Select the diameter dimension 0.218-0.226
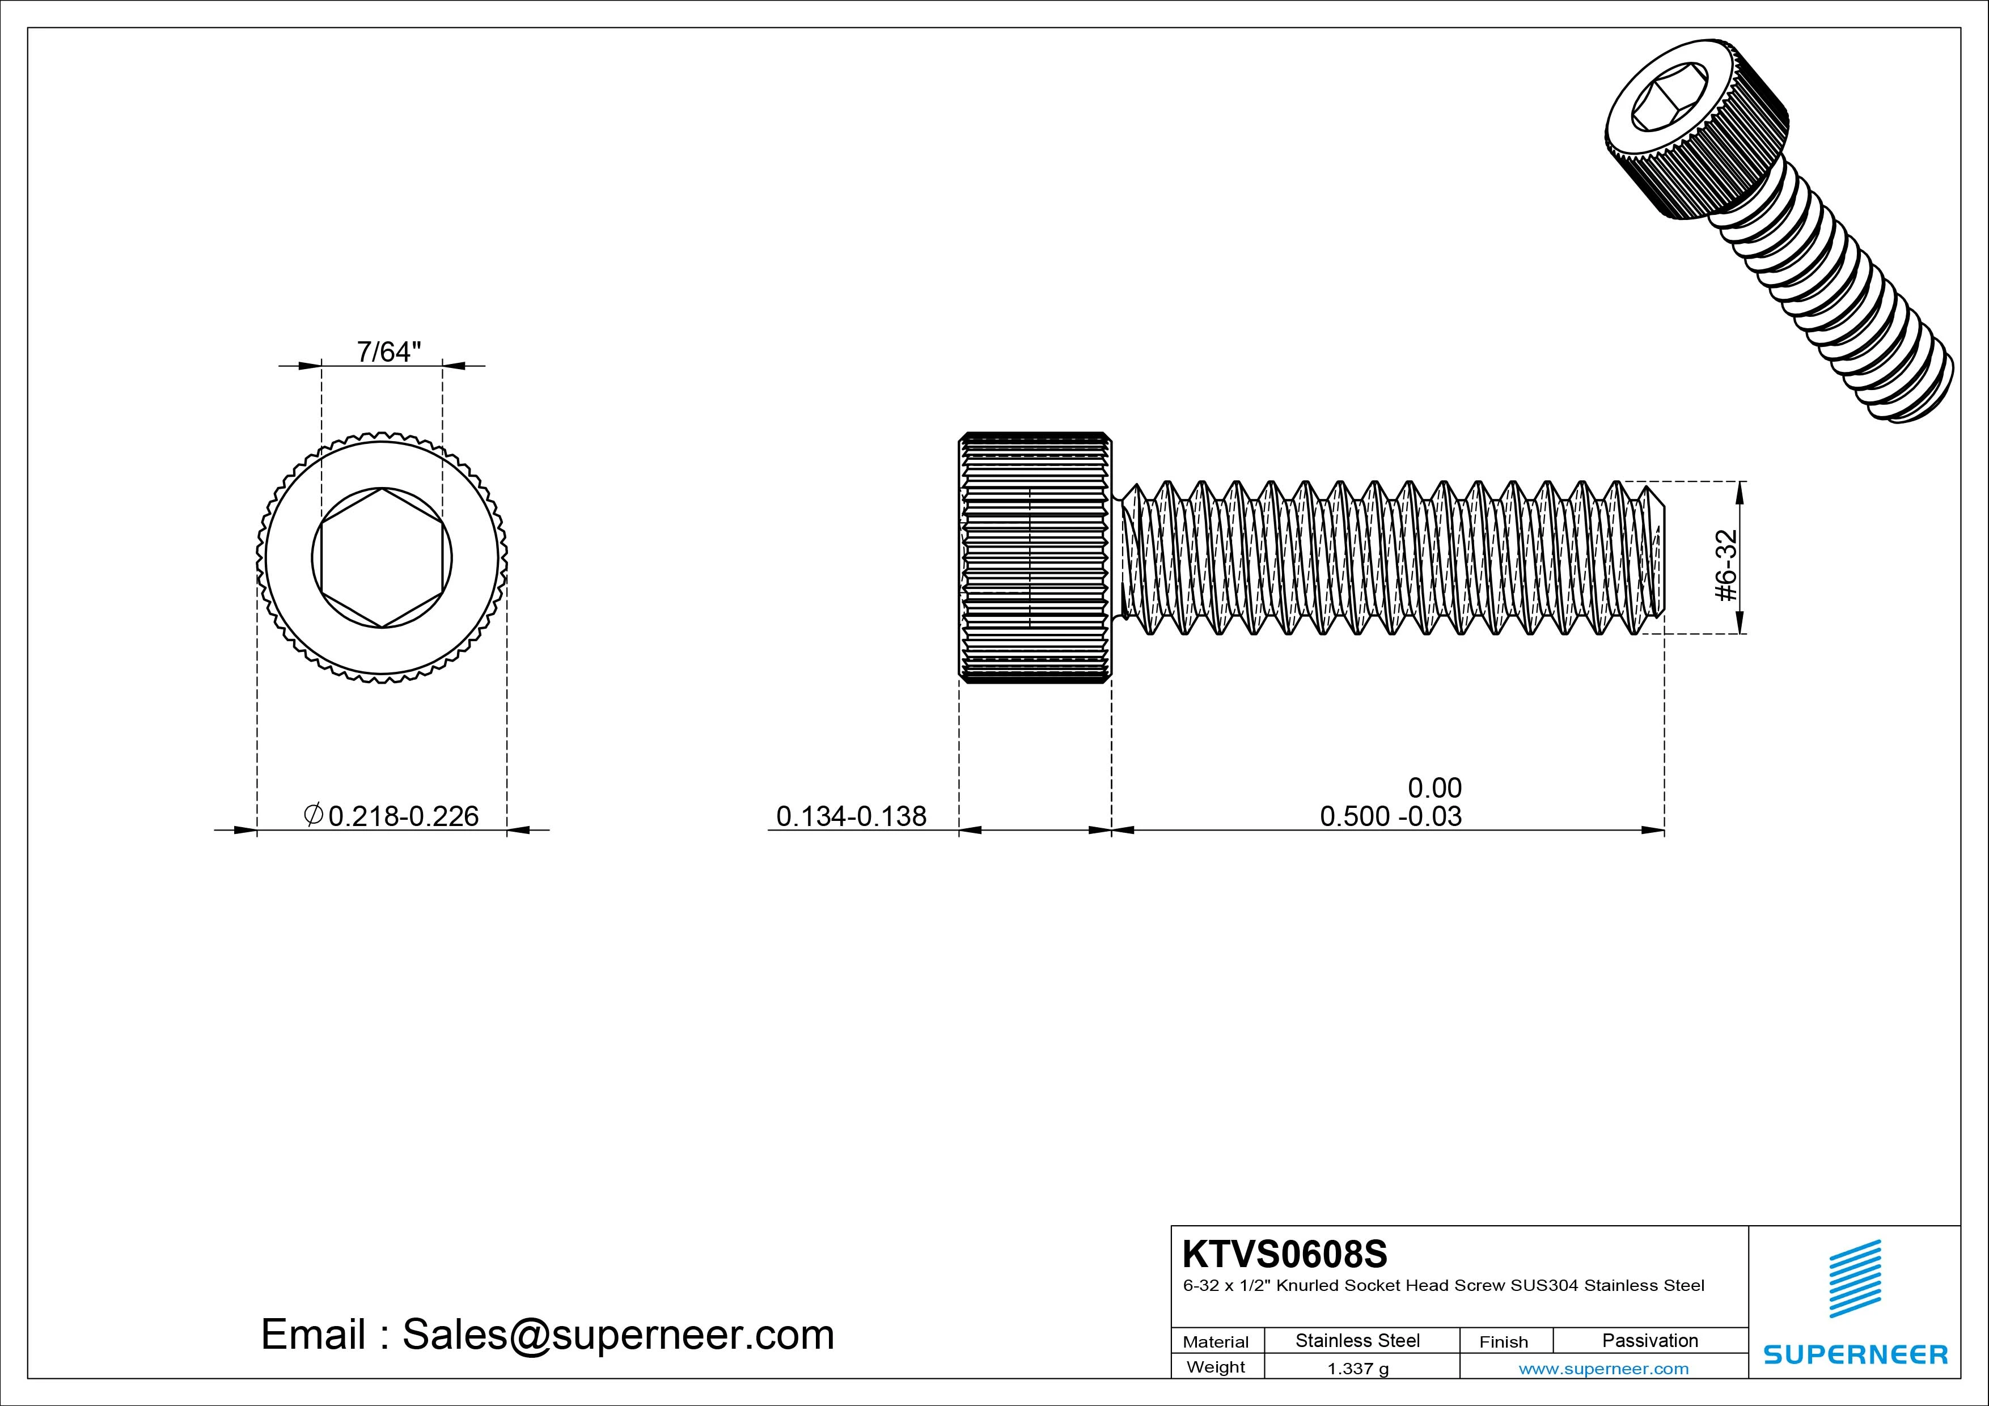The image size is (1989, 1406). coord(403,816)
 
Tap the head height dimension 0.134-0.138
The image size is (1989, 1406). coord(850,816)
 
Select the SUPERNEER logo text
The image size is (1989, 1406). coord(1856,1354)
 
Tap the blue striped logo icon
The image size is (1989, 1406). coord(1855,1278)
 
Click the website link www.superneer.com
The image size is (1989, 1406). coord(1603,1369)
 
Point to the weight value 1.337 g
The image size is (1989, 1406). coord(1357,1369)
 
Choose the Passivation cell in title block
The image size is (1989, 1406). coord(1649,1340)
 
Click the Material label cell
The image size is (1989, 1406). coord(1216,1342)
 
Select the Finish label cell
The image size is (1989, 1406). coord(1503,1342)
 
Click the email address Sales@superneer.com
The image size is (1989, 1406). coord(617,1335)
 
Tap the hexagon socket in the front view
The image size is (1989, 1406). coord(382,558)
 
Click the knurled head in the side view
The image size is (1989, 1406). coord(1034,558)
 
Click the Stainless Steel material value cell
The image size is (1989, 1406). coord(1357,1340)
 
